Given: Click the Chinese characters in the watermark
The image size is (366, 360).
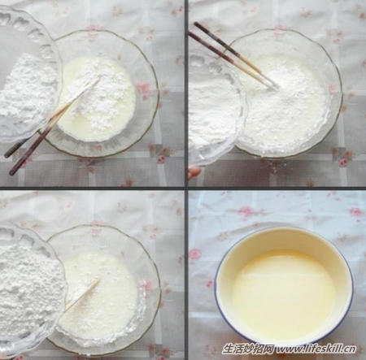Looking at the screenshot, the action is (x=248, y=349).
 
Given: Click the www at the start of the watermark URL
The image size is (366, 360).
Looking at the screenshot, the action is (x=287, y=349).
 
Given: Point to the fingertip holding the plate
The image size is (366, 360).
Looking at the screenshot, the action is (x=194, y=171).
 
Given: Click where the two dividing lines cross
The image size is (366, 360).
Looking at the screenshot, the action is (x=186, y=188).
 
